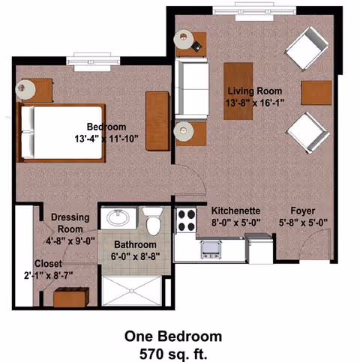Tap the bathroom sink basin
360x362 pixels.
coord(118,218)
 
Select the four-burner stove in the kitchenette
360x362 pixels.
coord(186,220)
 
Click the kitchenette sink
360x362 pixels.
coord(211,249)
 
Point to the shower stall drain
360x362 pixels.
coord(131,291)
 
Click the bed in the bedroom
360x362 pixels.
coord(61,133)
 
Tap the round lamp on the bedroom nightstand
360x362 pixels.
coord(25,89)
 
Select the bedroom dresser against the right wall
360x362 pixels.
coord(157,121)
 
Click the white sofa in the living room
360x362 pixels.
coord(192,88)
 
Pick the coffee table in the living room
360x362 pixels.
coord(238,91)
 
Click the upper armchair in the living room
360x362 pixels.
coord(307,48)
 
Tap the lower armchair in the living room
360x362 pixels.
coord(308,133)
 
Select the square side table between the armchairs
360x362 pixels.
coord(316,93)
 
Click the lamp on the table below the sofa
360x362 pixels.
coord(184,131)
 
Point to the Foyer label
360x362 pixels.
coord(302,211)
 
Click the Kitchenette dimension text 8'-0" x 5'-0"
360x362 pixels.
coord(236,222)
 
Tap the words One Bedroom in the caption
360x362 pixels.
coord(173,337)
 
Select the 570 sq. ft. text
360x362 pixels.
coord(173,354)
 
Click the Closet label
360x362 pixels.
coord(48,264)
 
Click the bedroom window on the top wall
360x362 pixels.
coord(93,61)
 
